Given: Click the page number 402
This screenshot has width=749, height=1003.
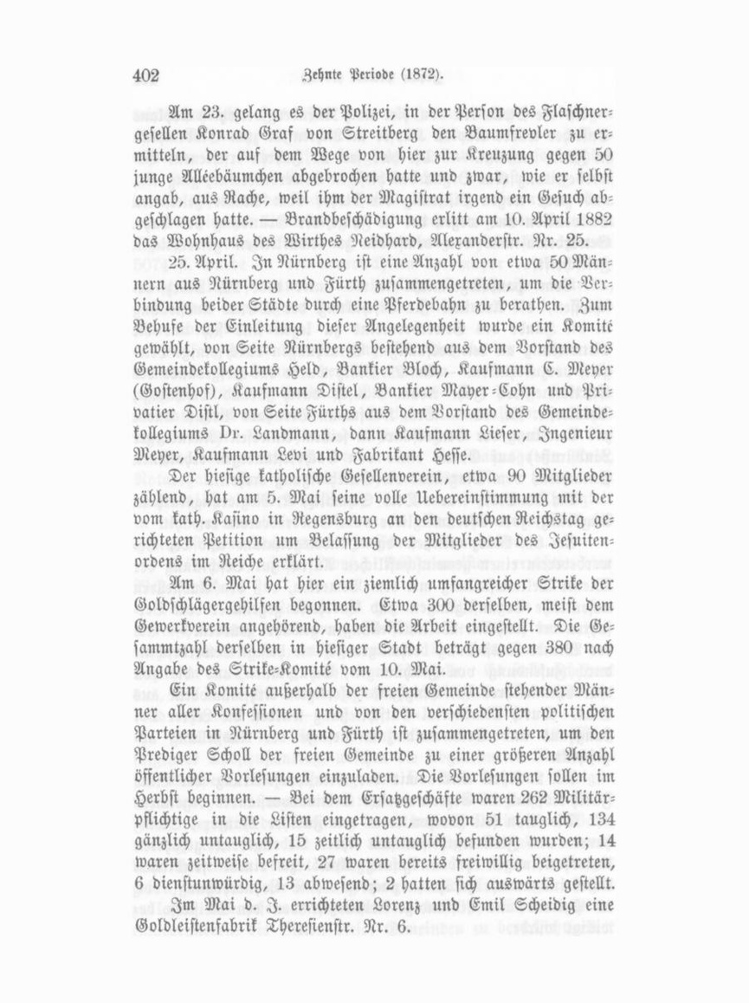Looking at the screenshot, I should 147,74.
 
